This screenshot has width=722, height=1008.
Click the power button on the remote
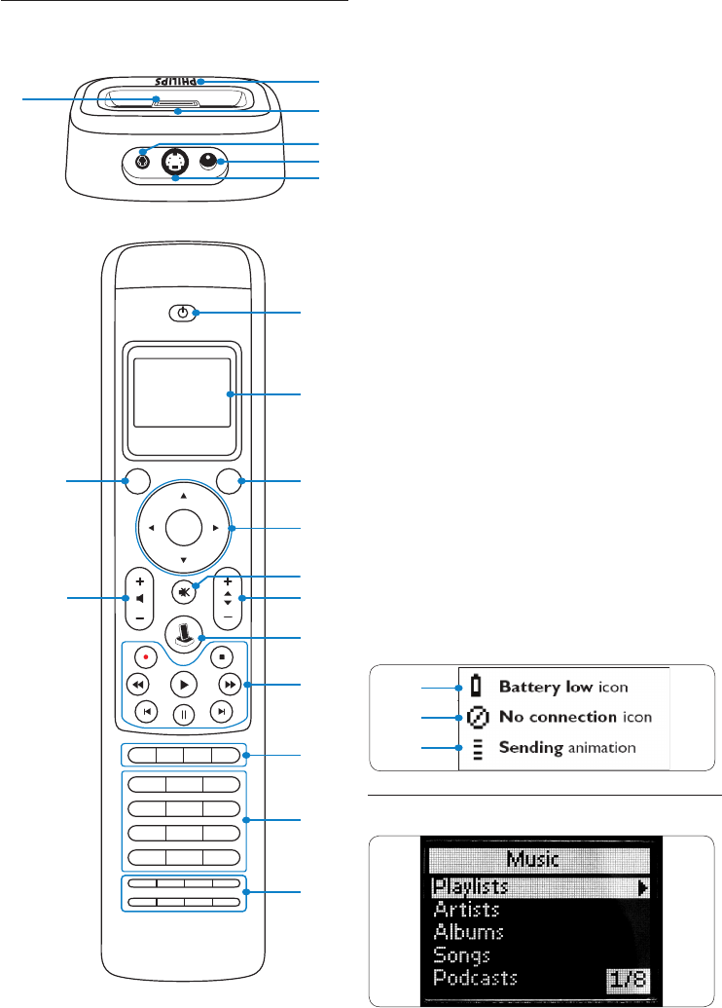coord(183,313)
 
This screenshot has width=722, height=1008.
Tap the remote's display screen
coord(183,392)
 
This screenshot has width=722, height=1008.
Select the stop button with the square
coord(222,656)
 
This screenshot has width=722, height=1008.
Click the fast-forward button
coord(229,684)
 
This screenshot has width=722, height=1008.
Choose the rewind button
coord(137,684)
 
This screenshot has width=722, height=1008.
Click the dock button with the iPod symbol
coord(183,633)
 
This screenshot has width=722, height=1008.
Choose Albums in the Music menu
coord(469,932)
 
